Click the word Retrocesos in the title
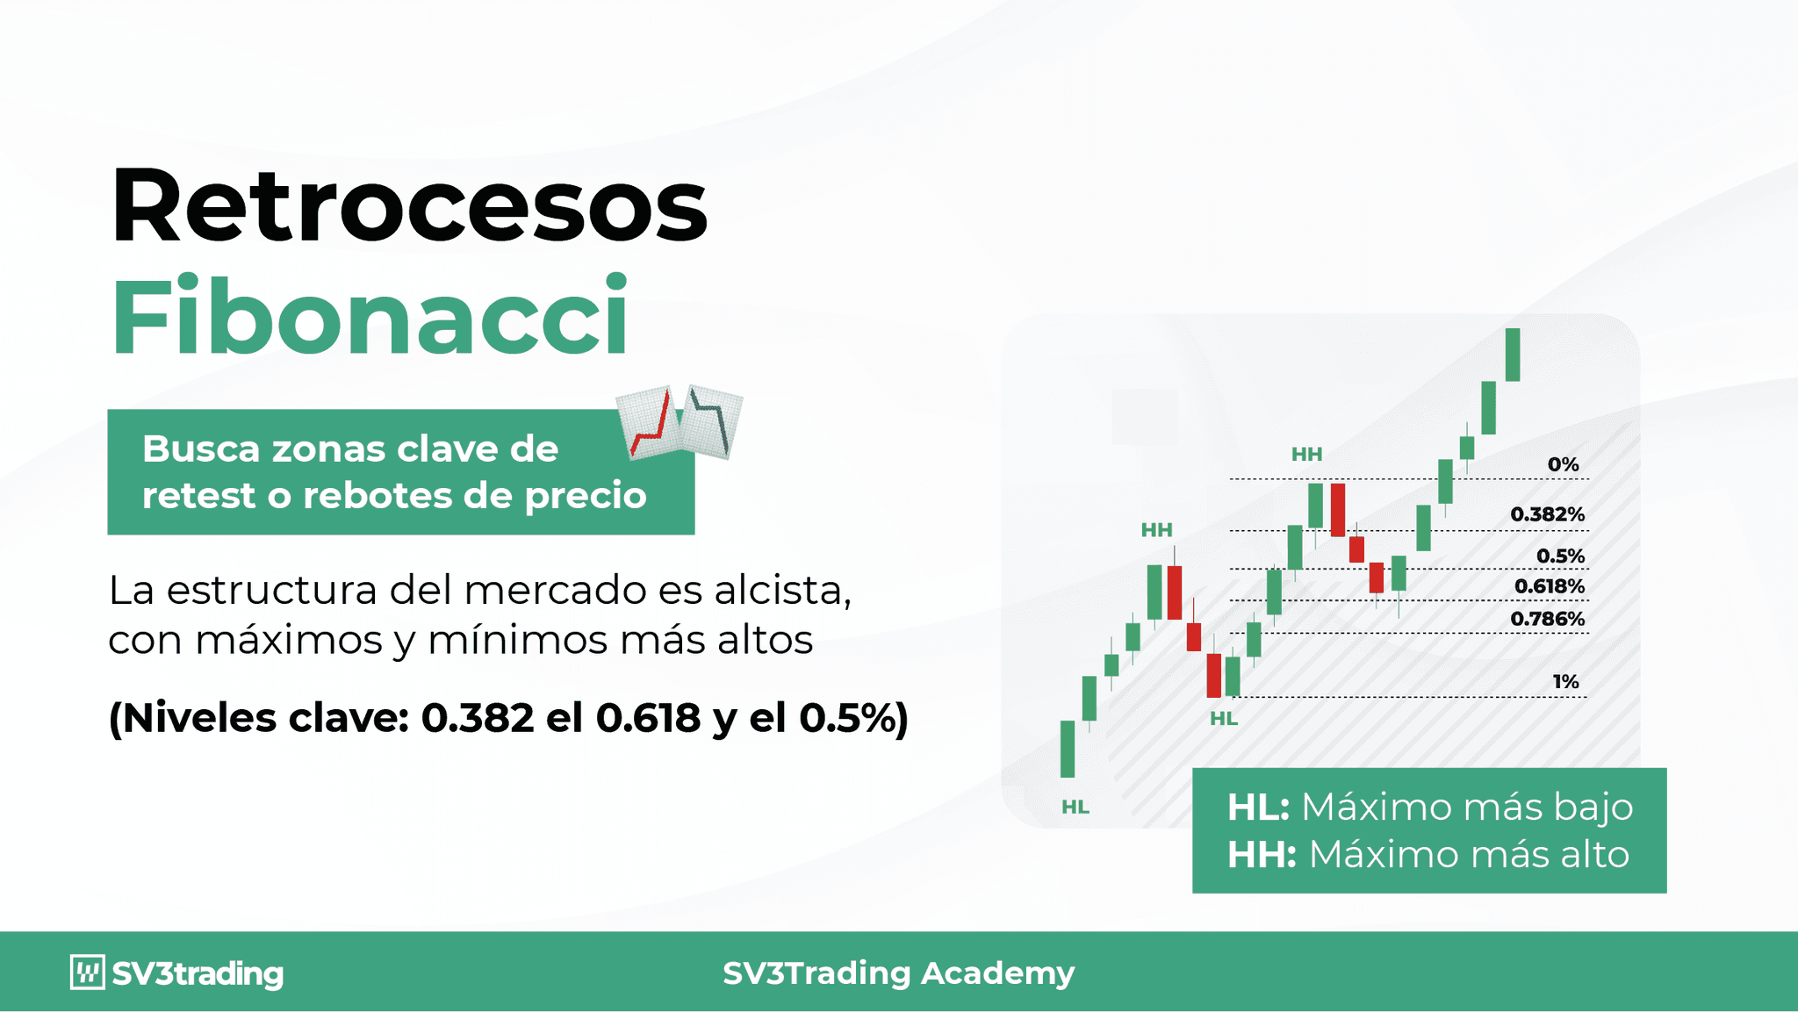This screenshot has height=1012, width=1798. click(409, 205)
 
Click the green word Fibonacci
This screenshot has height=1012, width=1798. click(370, 316)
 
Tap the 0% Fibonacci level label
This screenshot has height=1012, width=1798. click(1563, 464)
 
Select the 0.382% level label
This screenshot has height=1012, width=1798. click(1547, 514)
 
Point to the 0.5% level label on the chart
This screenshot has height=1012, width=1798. click(1560, 556)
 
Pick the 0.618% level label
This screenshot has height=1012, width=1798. click(1549, 586)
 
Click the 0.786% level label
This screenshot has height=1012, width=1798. click(1547, 619)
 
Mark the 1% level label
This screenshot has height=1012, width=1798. click(1565, 681)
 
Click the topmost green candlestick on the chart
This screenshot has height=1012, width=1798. click(1512, 355)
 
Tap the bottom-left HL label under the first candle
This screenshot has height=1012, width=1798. click(1075, 807)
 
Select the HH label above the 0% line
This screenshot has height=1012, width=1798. click(1306, 454)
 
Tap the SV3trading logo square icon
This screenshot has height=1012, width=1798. click(87, 973)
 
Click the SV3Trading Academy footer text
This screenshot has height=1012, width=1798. click(898, 973)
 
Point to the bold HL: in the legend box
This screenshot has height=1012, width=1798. click(1257, 807)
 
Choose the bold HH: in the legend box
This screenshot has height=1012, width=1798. click(1261, 855)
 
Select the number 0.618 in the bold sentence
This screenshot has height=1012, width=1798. click(648, 718)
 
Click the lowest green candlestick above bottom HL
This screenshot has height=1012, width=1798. click(1068, 749)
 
